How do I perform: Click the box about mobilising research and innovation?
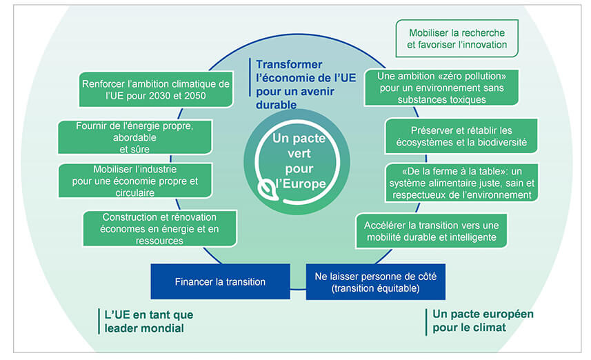pos(457,39)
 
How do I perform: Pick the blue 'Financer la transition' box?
pos(220,281)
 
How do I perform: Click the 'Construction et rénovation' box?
pos(159,229)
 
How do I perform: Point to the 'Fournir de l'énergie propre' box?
pos(134,137)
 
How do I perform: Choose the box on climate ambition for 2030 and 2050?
pos(154,90)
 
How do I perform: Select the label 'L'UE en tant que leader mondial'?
pos(145,321)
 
